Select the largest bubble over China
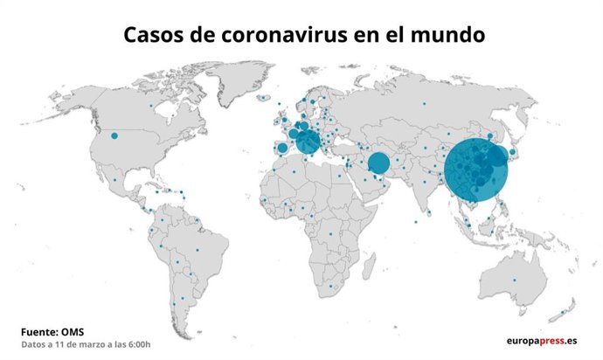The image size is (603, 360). [x=475, y=169]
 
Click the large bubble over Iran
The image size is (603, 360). [x=378, y=163]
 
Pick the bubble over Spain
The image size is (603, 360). [x=282, y=149]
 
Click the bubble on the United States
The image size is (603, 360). [x=114, y=136]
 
